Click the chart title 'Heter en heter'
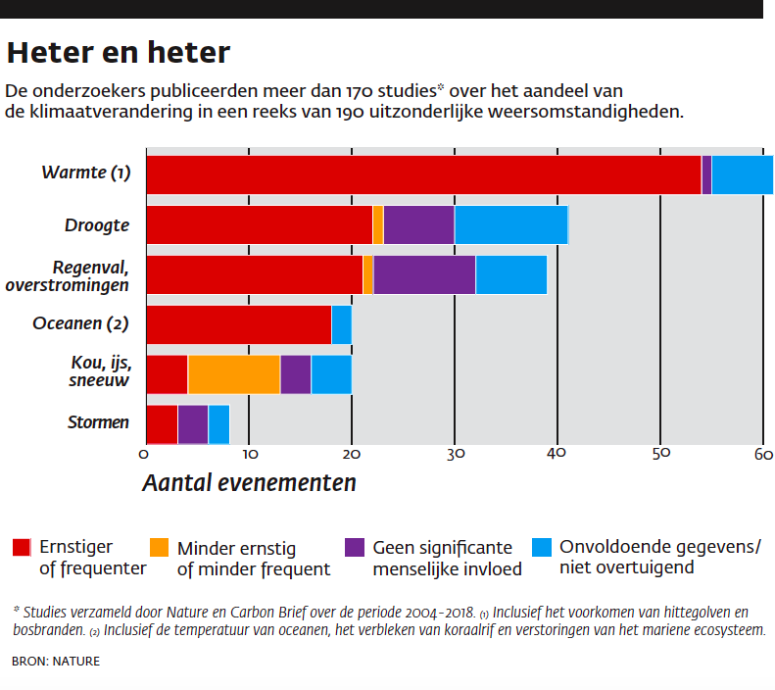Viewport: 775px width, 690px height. coord(119,51)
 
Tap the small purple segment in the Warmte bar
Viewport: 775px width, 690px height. coord(706,174)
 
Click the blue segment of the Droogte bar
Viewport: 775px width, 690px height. coord(510,225)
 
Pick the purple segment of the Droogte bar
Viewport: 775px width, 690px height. coord(418,225)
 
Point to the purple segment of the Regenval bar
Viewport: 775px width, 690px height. coord(424,274)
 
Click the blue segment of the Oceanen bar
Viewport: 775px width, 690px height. coord(341,324)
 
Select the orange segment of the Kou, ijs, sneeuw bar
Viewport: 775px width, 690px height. coord(233,374)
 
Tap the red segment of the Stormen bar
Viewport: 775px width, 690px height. coord(162,423)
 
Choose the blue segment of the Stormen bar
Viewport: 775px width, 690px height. coord(218,423)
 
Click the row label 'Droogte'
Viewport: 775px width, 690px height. coord(97,225)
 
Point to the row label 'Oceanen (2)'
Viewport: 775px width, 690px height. coord(81,323)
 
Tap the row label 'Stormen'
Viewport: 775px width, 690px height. coord(98,423)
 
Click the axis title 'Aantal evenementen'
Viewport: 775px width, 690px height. coord(249,483)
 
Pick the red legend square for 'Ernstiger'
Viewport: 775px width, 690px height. coord(22,547)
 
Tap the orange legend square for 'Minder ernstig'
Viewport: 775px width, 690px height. coord(160,547)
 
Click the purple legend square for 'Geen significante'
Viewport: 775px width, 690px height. coord(356,547)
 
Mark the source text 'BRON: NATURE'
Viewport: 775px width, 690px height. coord(56,662)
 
